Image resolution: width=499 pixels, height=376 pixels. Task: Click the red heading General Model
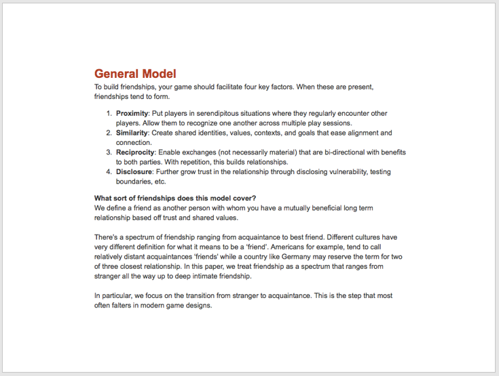tap(135, 74)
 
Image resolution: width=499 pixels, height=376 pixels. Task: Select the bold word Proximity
tap(132, 114)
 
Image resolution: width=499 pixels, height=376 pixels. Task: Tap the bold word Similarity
tap(132, 133)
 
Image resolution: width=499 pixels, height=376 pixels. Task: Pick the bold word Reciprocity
tap(135, 152)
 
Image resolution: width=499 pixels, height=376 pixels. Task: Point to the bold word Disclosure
tap(134, 172)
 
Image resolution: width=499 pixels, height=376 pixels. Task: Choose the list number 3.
tap(109, 152)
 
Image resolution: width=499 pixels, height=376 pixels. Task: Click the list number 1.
tap(109, 114)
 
